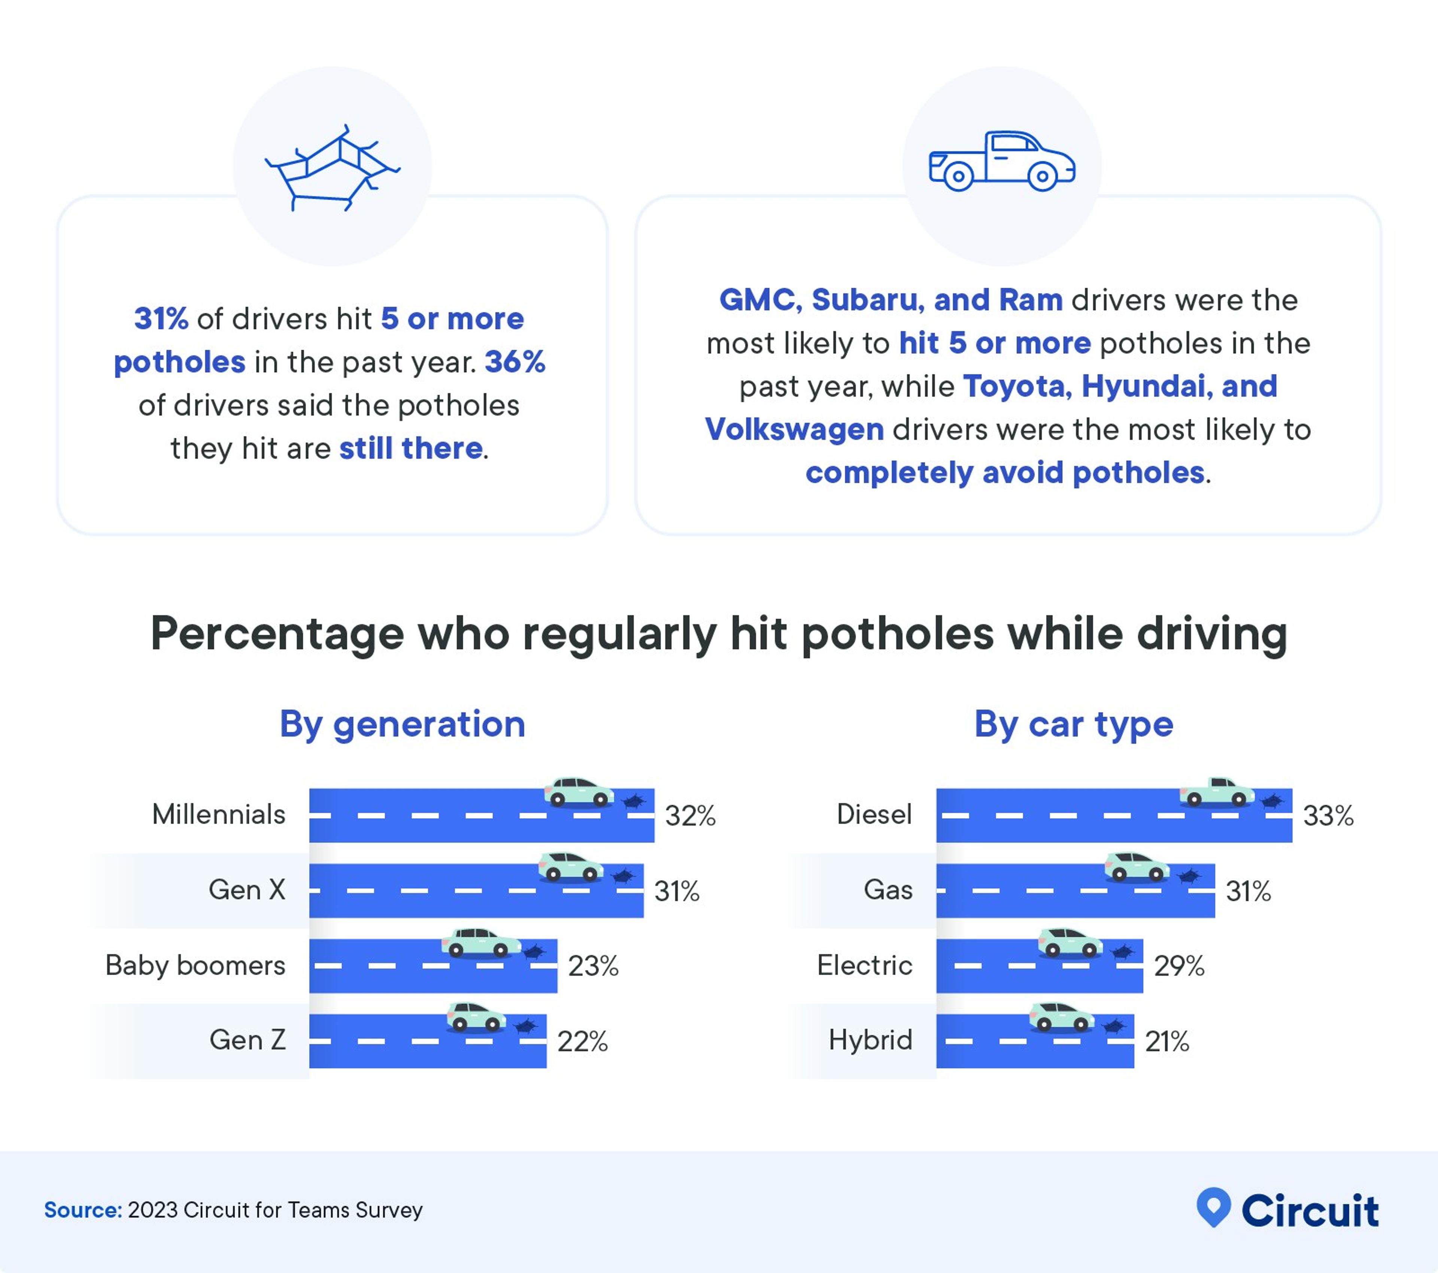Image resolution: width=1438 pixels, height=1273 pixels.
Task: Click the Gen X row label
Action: point(247,890)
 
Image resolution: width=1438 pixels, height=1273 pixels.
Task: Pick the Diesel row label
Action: point(874,815)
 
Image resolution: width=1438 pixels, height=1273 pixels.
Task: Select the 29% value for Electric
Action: point(1179,966)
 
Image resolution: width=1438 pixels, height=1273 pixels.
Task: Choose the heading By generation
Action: point(403,724)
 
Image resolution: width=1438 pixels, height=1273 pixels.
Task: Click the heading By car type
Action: point(1074,724)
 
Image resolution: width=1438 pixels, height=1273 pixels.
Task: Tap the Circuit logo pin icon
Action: point(1214,1207)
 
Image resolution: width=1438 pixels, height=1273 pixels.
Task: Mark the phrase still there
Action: point(411,449)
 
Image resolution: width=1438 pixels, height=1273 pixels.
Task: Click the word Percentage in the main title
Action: point(277,634)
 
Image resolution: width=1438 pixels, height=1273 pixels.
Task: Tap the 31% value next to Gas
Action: point(1248,892)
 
